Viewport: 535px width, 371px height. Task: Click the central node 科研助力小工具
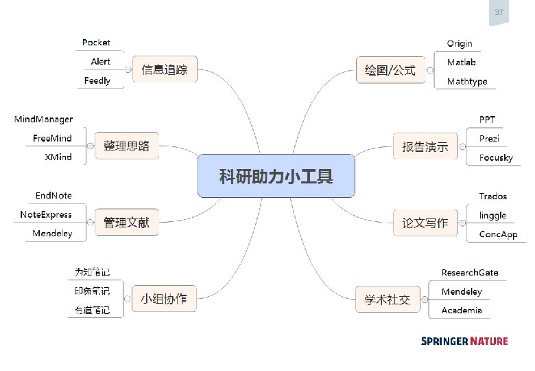(276, 175)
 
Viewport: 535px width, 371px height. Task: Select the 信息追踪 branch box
(164, 69)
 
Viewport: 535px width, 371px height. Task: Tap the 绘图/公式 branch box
(390, 70)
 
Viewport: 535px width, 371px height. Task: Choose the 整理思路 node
(126, 146)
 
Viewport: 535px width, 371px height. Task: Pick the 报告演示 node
(425, 146)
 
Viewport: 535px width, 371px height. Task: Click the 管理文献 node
(126, 223)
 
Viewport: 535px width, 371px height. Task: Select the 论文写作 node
(425, 223)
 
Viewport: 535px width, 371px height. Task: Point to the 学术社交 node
(387, 299)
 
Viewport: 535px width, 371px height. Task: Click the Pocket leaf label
(96, 43)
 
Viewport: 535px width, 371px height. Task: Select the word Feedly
(97, 81)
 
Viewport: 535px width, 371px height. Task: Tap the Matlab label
(461, 63)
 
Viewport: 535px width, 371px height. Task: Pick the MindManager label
(43, 120)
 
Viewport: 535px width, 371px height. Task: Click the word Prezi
(489, 138)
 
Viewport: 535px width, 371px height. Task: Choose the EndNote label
(53, 196)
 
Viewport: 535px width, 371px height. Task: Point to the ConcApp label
(498, 234)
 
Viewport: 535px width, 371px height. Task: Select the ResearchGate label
(470, 273)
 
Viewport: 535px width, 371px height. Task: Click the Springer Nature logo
(464, 341)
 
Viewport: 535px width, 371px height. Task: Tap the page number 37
(499, 12)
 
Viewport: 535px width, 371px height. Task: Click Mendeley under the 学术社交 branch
(462, 291)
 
